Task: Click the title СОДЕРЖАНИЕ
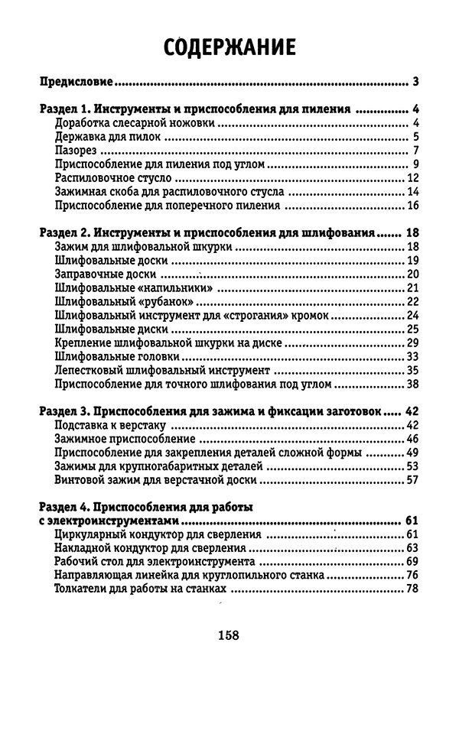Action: (x=230, y=47)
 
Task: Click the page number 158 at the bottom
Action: (x=229, y=635)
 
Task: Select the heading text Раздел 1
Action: (x=67, y=109)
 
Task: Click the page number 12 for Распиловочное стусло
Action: (x=411, y=178)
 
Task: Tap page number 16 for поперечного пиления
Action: (x=411, y=206)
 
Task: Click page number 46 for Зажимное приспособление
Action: (x=411, y=439)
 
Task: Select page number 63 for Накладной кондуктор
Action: (x=411, y=548)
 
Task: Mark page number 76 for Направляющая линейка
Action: (x=411, y=576)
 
